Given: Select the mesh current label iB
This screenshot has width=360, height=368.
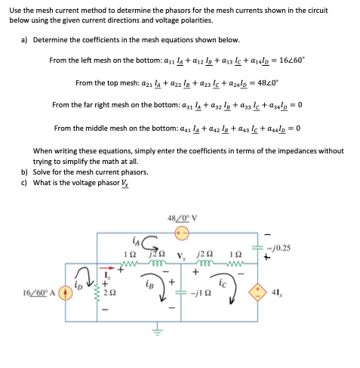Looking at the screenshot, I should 150,286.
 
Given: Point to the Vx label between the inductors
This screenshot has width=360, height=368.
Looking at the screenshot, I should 181,253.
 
